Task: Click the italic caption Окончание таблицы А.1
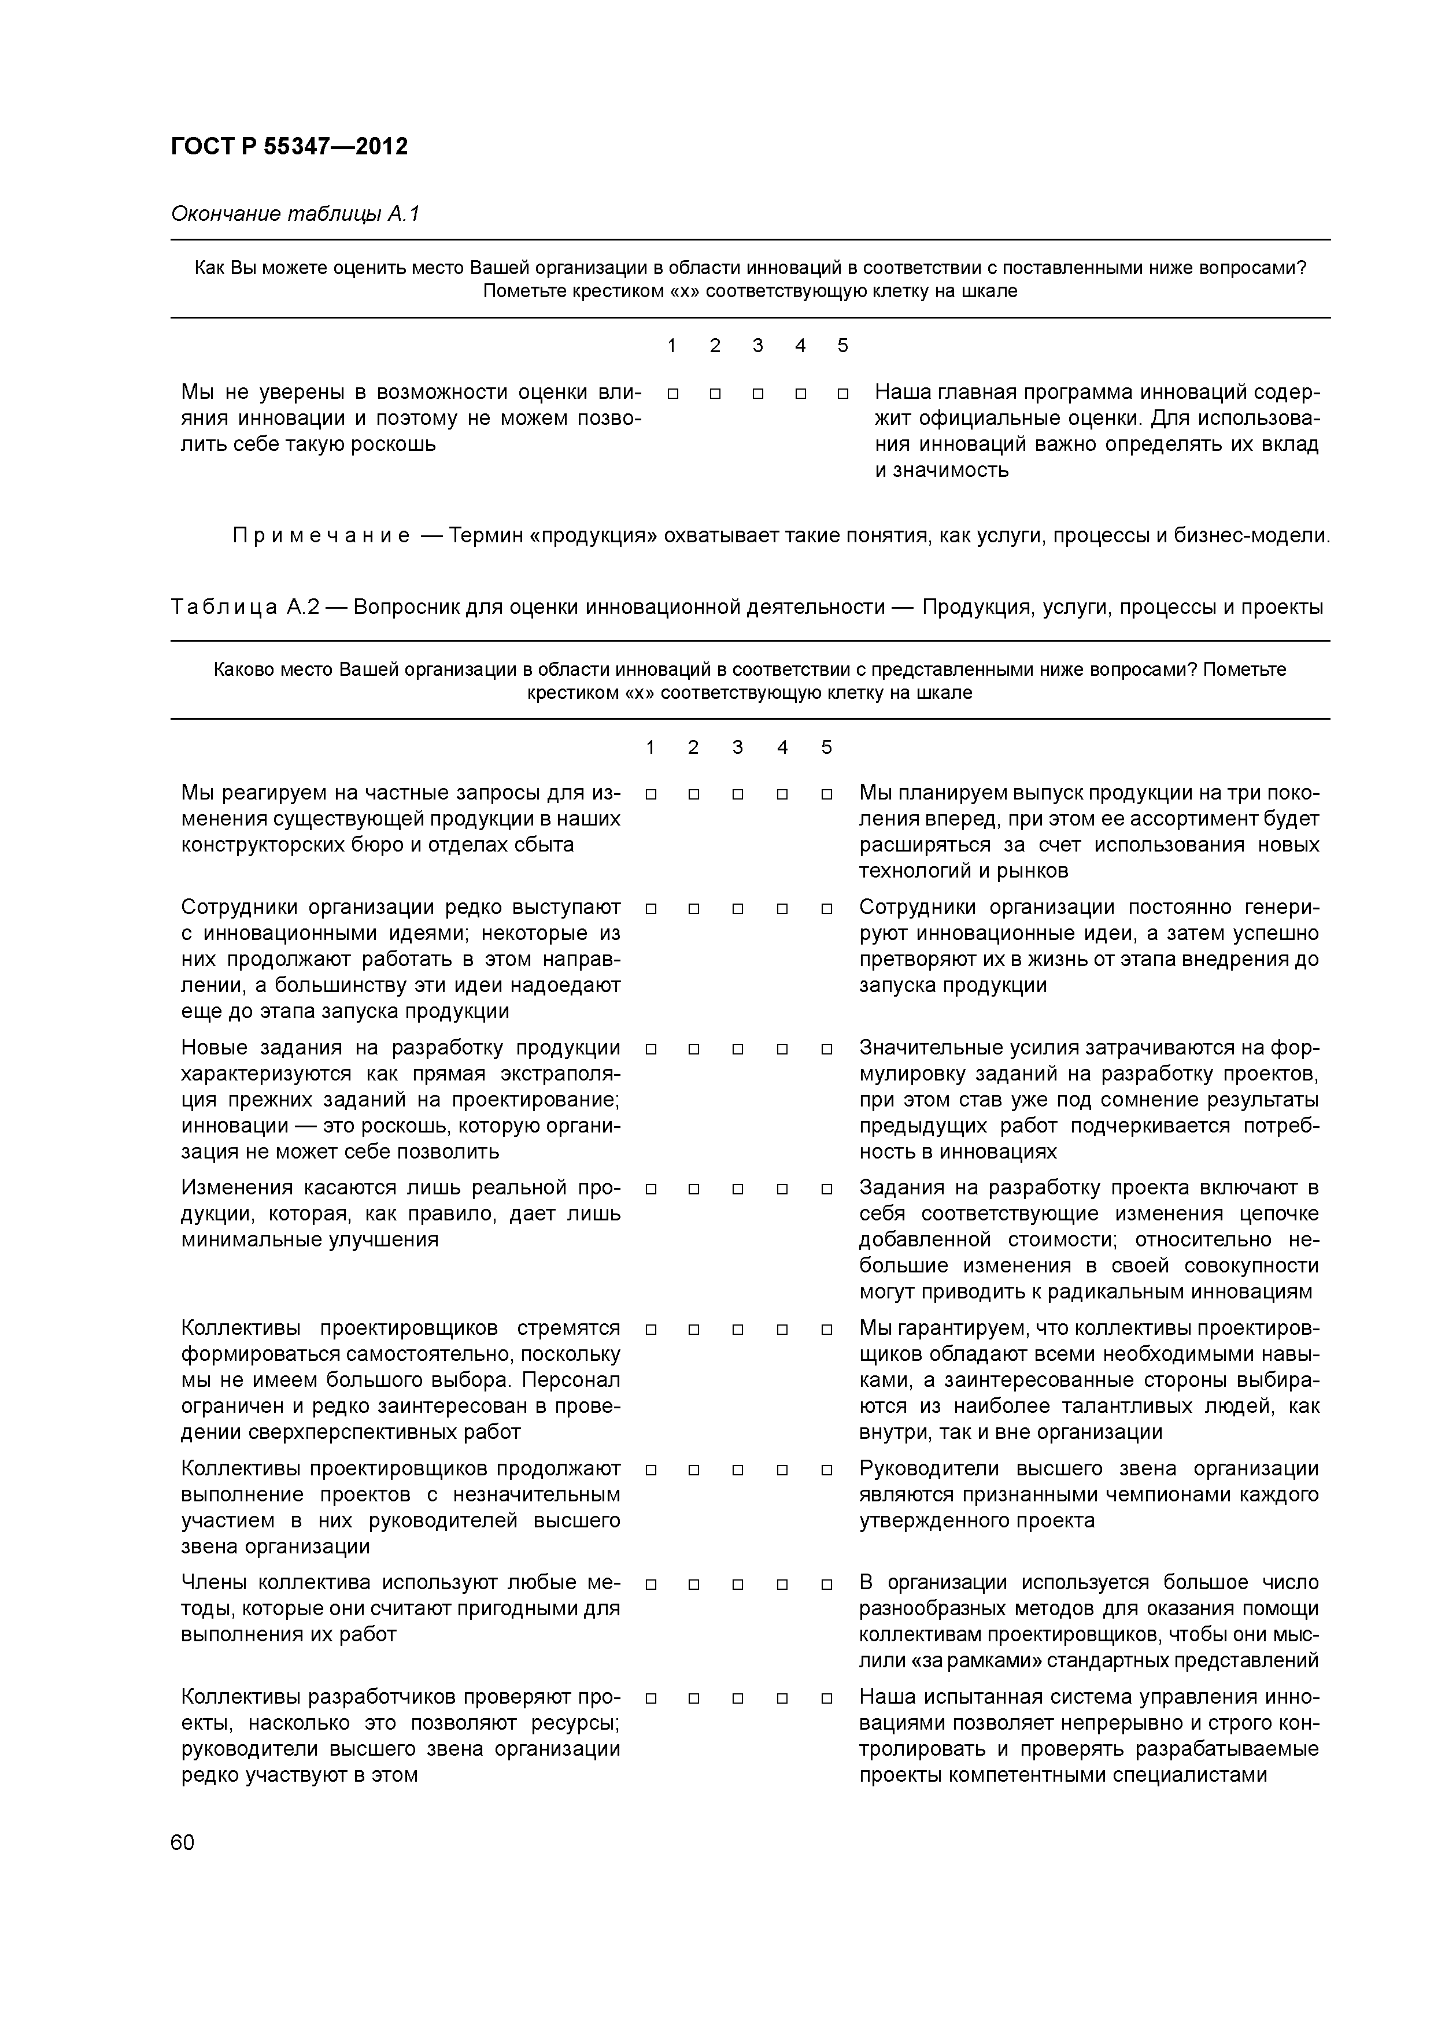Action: click(294, 214)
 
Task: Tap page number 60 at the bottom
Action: click(182, 1842)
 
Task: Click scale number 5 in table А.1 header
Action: click(842, 345)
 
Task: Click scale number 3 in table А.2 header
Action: click(738, 747)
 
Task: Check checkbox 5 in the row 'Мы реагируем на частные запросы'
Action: click(826, 794)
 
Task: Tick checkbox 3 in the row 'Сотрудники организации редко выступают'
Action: click(738, 908)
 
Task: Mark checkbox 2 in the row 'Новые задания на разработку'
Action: click(694, 1049)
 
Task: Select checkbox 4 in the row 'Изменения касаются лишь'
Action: click(782, 1189)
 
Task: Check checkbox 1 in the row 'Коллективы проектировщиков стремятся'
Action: click(651, 1329)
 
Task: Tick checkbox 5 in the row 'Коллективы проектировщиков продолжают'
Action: click(826, 1470)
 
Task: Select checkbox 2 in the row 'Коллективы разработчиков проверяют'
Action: click(694, 1698)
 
